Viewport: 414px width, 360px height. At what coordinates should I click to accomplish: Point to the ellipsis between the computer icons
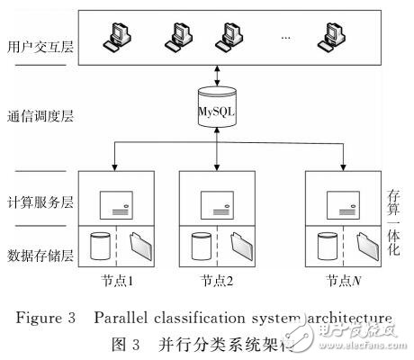click(286, 40)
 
